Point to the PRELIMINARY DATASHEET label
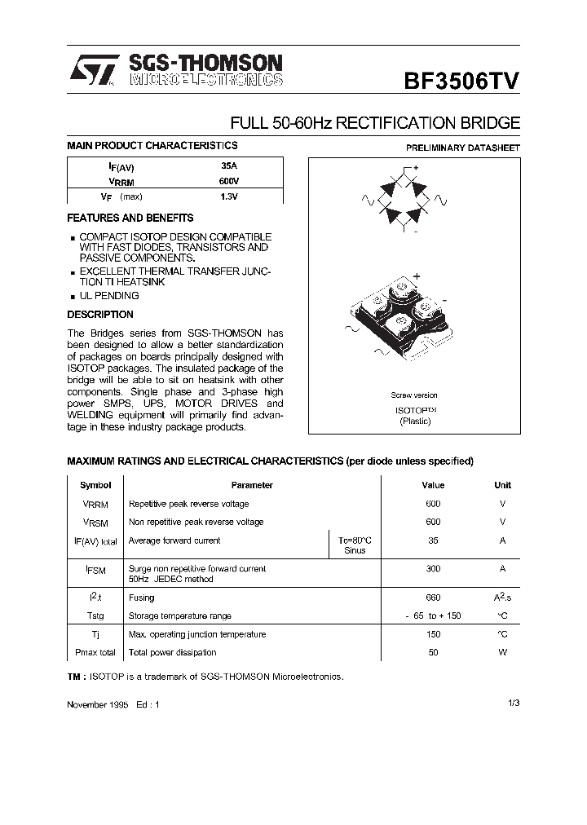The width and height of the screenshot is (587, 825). pos(463,148)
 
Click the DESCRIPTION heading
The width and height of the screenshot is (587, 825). pos(99,315)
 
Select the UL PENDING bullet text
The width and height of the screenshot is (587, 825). pos(109,296)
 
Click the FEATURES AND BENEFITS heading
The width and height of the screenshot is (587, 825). pos(130,218)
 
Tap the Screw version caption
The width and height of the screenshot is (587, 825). pos(414,395)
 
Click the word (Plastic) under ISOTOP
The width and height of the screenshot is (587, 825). pos(415,421)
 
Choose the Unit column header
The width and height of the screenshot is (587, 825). pos(502,485)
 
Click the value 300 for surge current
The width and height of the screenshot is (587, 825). pos(433,568)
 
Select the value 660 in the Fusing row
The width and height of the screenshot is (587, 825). pos(433,598)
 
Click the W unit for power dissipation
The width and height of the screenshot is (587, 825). pos(502,652)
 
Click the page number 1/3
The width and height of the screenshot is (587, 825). pos(513,703)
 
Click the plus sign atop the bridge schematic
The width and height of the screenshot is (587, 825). pos(416,168)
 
